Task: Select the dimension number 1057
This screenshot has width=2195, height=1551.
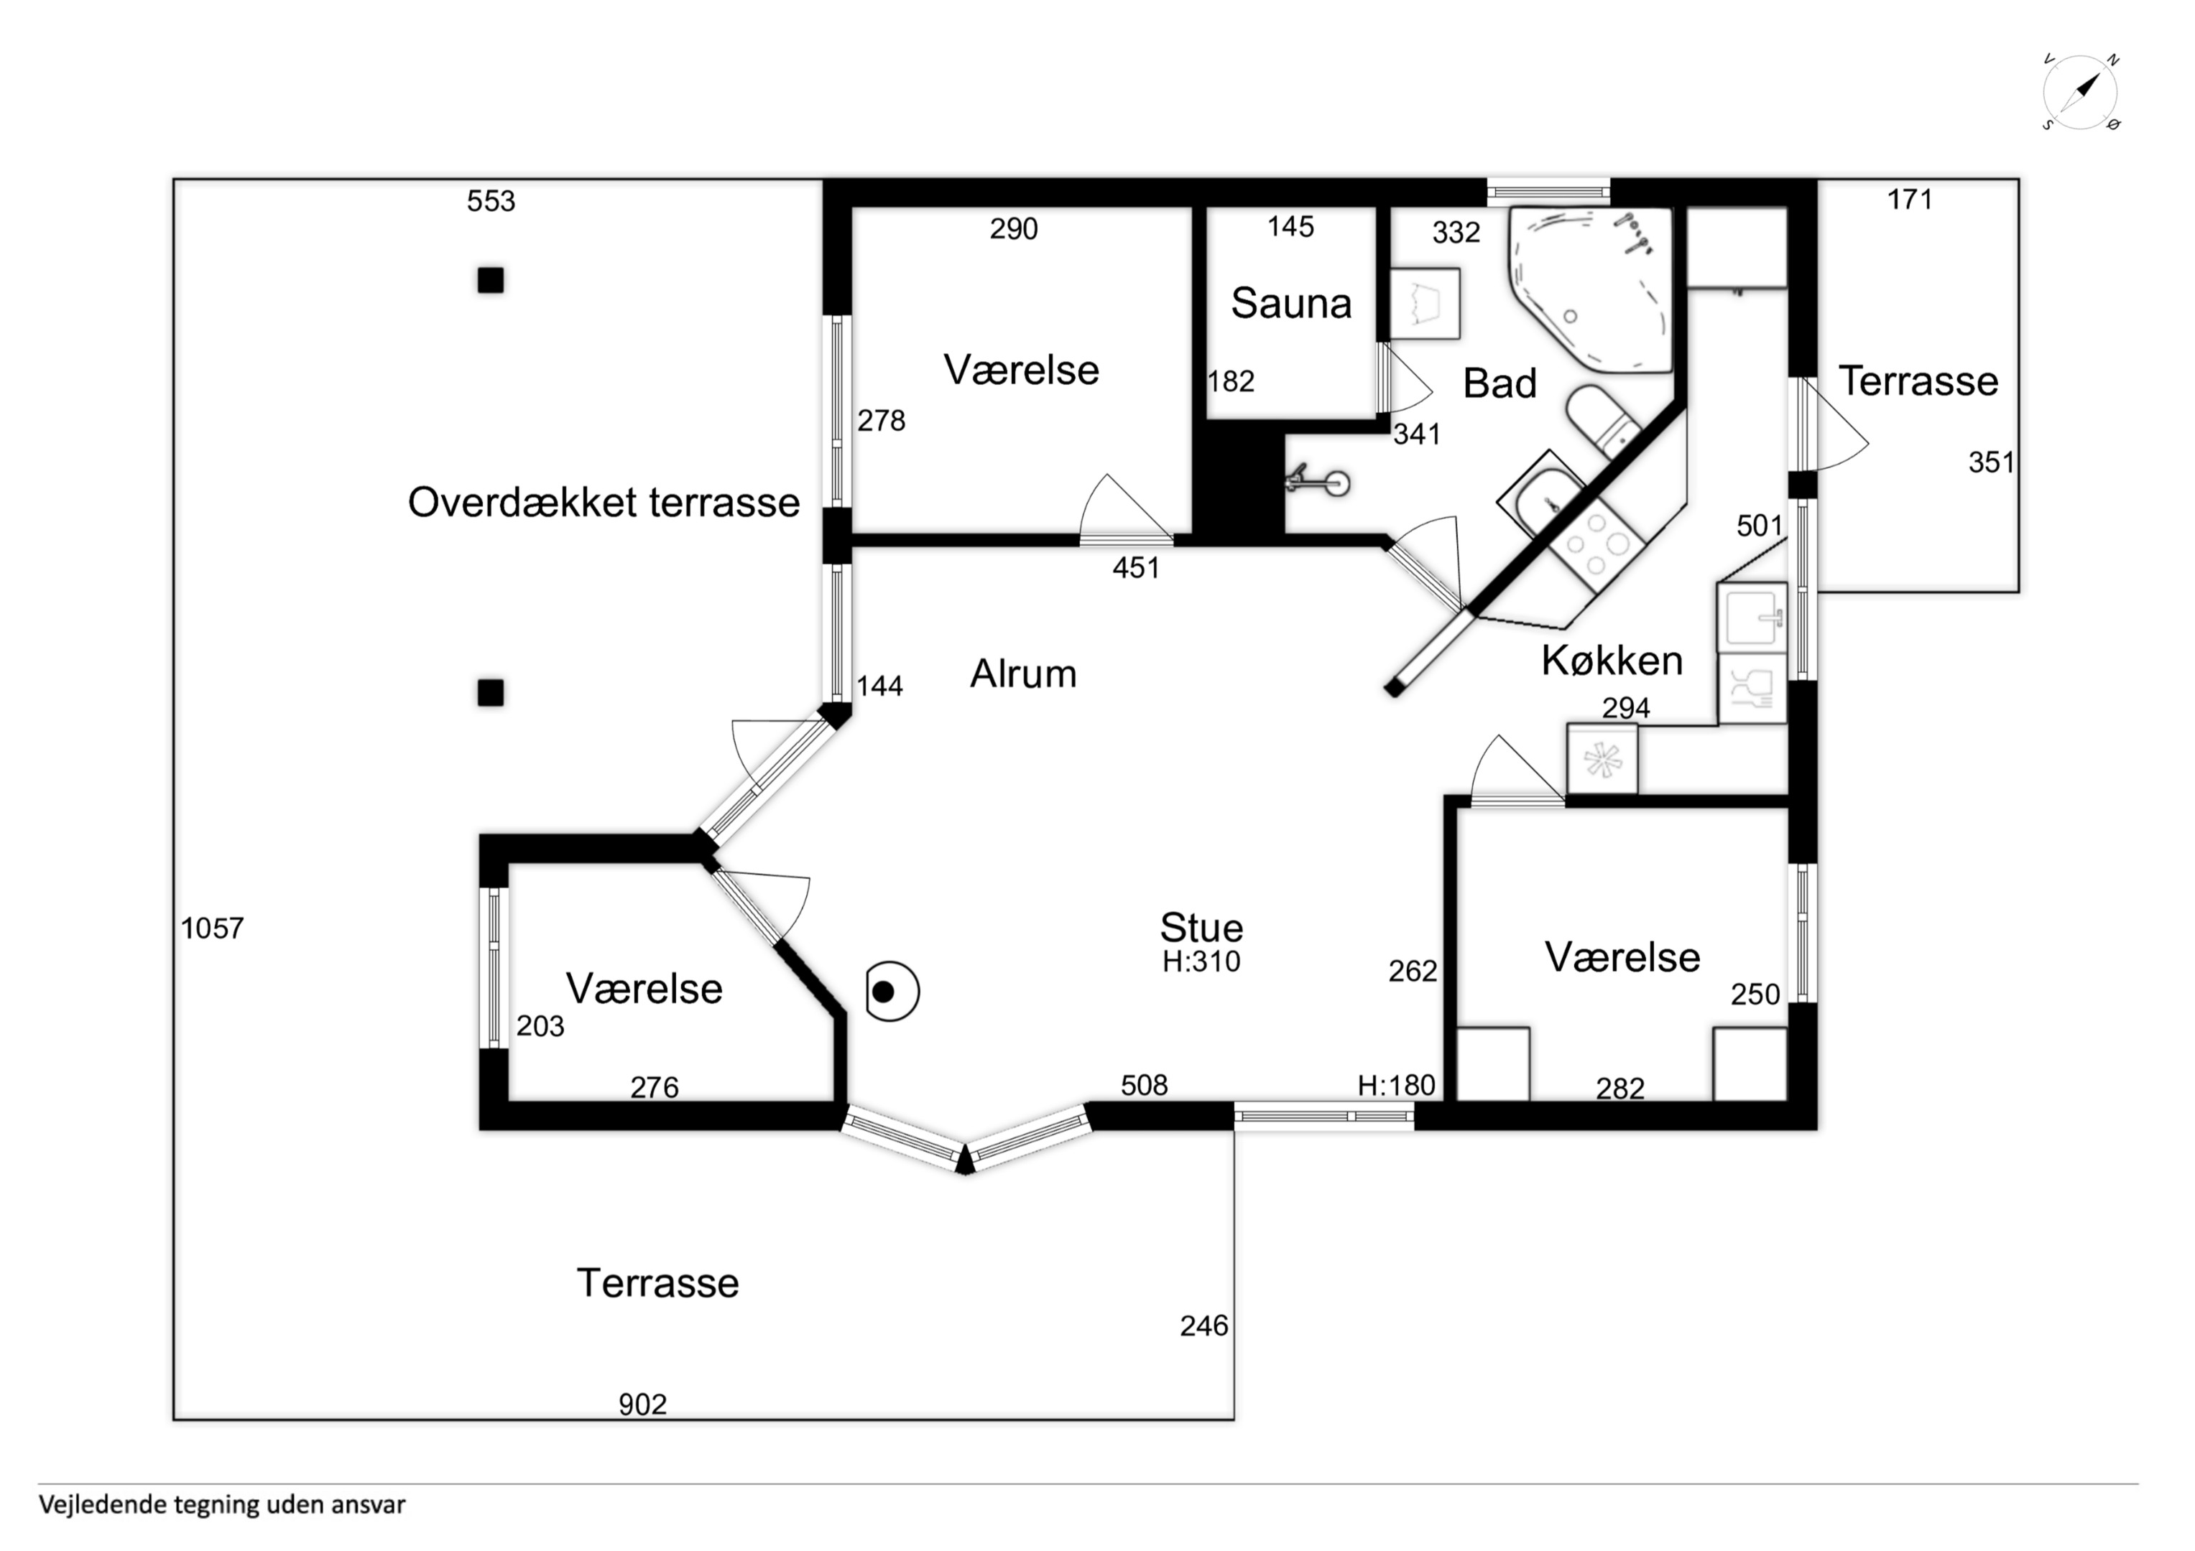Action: (x=212, y=928)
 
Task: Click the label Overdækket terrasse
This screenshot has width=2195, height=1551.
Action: (x=604, y=503)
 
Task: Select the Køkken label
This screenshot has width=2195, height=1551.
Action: (x=1612, y=661)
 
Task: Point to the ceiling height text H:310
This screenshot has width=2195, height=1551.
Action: (x=1202, y=961)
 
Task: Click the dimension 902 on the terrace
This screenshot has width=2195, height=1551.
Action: (x=642, y=1404)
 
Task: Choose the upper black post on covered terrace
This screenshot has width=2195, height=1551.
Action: (x=491, y=280)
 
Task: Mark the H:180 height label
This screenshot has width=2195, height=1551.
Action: (x=1397, y=1085)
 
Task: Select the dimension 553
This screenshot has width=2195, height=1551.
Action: (x=491, y=200)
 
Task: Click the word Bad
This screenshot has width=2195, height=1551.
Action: (x=1500, y=384)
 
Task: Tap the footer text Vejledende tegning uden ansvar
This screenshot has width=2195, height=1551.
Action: (x=222, y=1505)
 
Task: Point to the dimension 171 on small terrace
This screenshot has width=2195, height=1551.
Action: (x=1909, y=199)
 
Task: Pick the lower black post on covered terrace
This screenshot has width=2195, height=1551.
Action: (x=491, y=693)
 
